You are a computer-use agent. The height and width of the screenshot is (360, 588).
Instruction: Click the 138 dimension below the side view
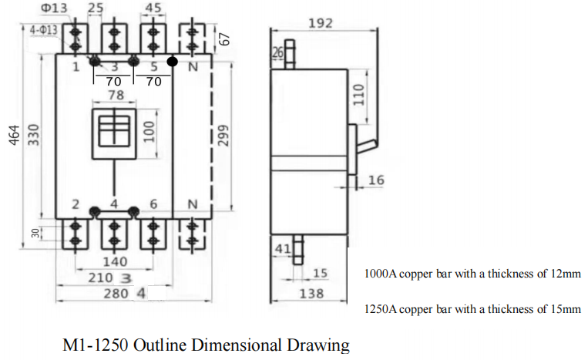point(311,294)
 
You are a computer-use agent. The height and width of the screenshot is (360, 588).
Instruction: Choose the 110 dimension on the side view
point(358,95)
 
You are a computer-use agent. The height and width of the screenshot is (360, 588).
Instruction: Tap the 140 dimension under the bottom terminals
point(114,262)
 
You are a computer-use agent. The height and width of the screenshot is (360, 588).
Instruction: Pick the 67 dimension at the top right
point(225,39)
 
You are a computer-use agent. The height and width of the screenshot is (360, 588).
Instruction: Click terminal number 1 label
point(76,68)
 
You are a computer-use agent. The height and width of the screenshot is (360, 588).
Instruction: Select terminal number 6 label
point(153,204)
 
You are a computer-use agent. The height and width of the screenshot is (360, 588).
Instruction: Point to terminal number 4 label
point(114,204)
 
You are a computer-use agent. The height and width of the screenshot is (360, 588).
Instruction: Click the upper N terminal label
point(192,68)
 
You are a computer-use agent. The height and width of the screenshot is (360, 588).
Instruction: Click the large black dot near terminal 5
point(172,60)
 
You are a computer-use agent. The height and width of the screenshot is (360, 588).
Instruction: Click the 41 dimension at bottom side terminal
point(282,249)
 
